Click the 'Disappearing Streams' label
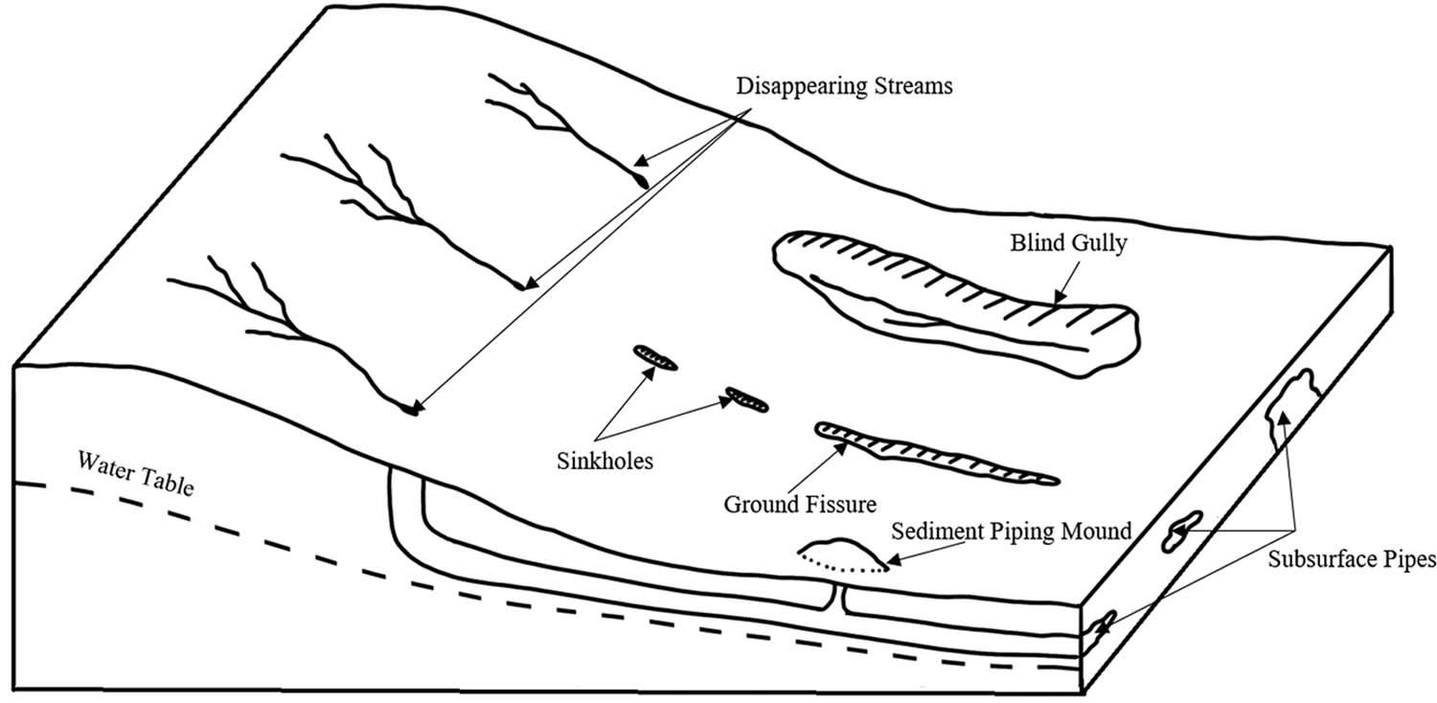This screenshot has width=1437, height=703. tap(845, 86)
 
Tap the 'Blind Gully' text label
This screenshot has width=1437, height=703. tap(1068, 242)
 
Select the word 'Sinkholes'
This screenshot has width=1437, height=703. tap(604, 461)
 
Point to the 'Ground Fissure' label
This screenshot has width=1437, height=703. tap(787, 503)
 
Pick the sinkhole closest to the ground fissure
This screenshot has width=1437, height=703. tap(747, 398)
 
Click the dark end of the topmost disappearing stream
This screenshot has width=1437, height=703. tap(641, 178)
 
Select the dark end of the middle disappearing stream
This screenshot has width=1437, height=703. tap(521, 284)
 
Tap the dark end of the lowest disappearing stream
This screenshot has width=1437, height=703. tap(412, 411)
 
